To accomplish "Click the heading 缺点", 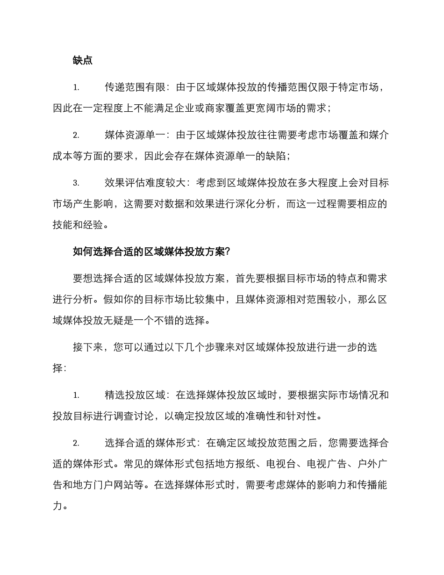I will [x=83, y=60].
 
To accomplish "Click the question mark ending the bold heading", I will [x=228, y=252].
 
